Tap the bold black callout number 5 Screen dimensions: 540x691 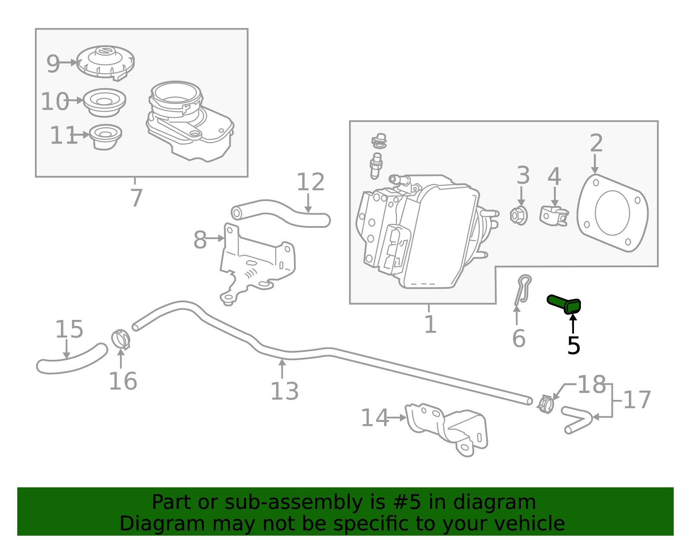pos(574,346)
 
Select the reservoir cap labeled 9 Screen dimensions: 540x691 pos(105,62)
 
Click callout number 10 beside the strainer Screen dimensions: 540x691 pos(55,102)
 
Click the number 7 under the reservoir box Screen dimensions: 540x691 pos(136,198)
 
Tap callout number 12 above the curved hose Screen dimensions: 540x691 pos(310,182)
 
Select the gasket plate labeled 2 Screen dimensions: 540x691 pos(612,213)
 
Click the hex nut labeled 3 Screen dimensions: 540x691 pos(519,215)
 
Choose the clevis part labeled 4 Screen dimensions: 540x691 pos(554,215)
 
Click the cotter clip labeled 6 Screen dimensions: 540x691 pos(523,289)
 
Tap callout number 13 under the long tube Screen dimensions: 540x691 pos(284,391)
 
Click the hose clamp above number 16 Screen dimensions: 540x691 pos(121,339)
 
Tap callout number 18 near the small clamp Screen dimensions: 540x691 pos(591,384)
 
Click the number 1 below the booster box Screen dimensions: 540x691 pos(430,324)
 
